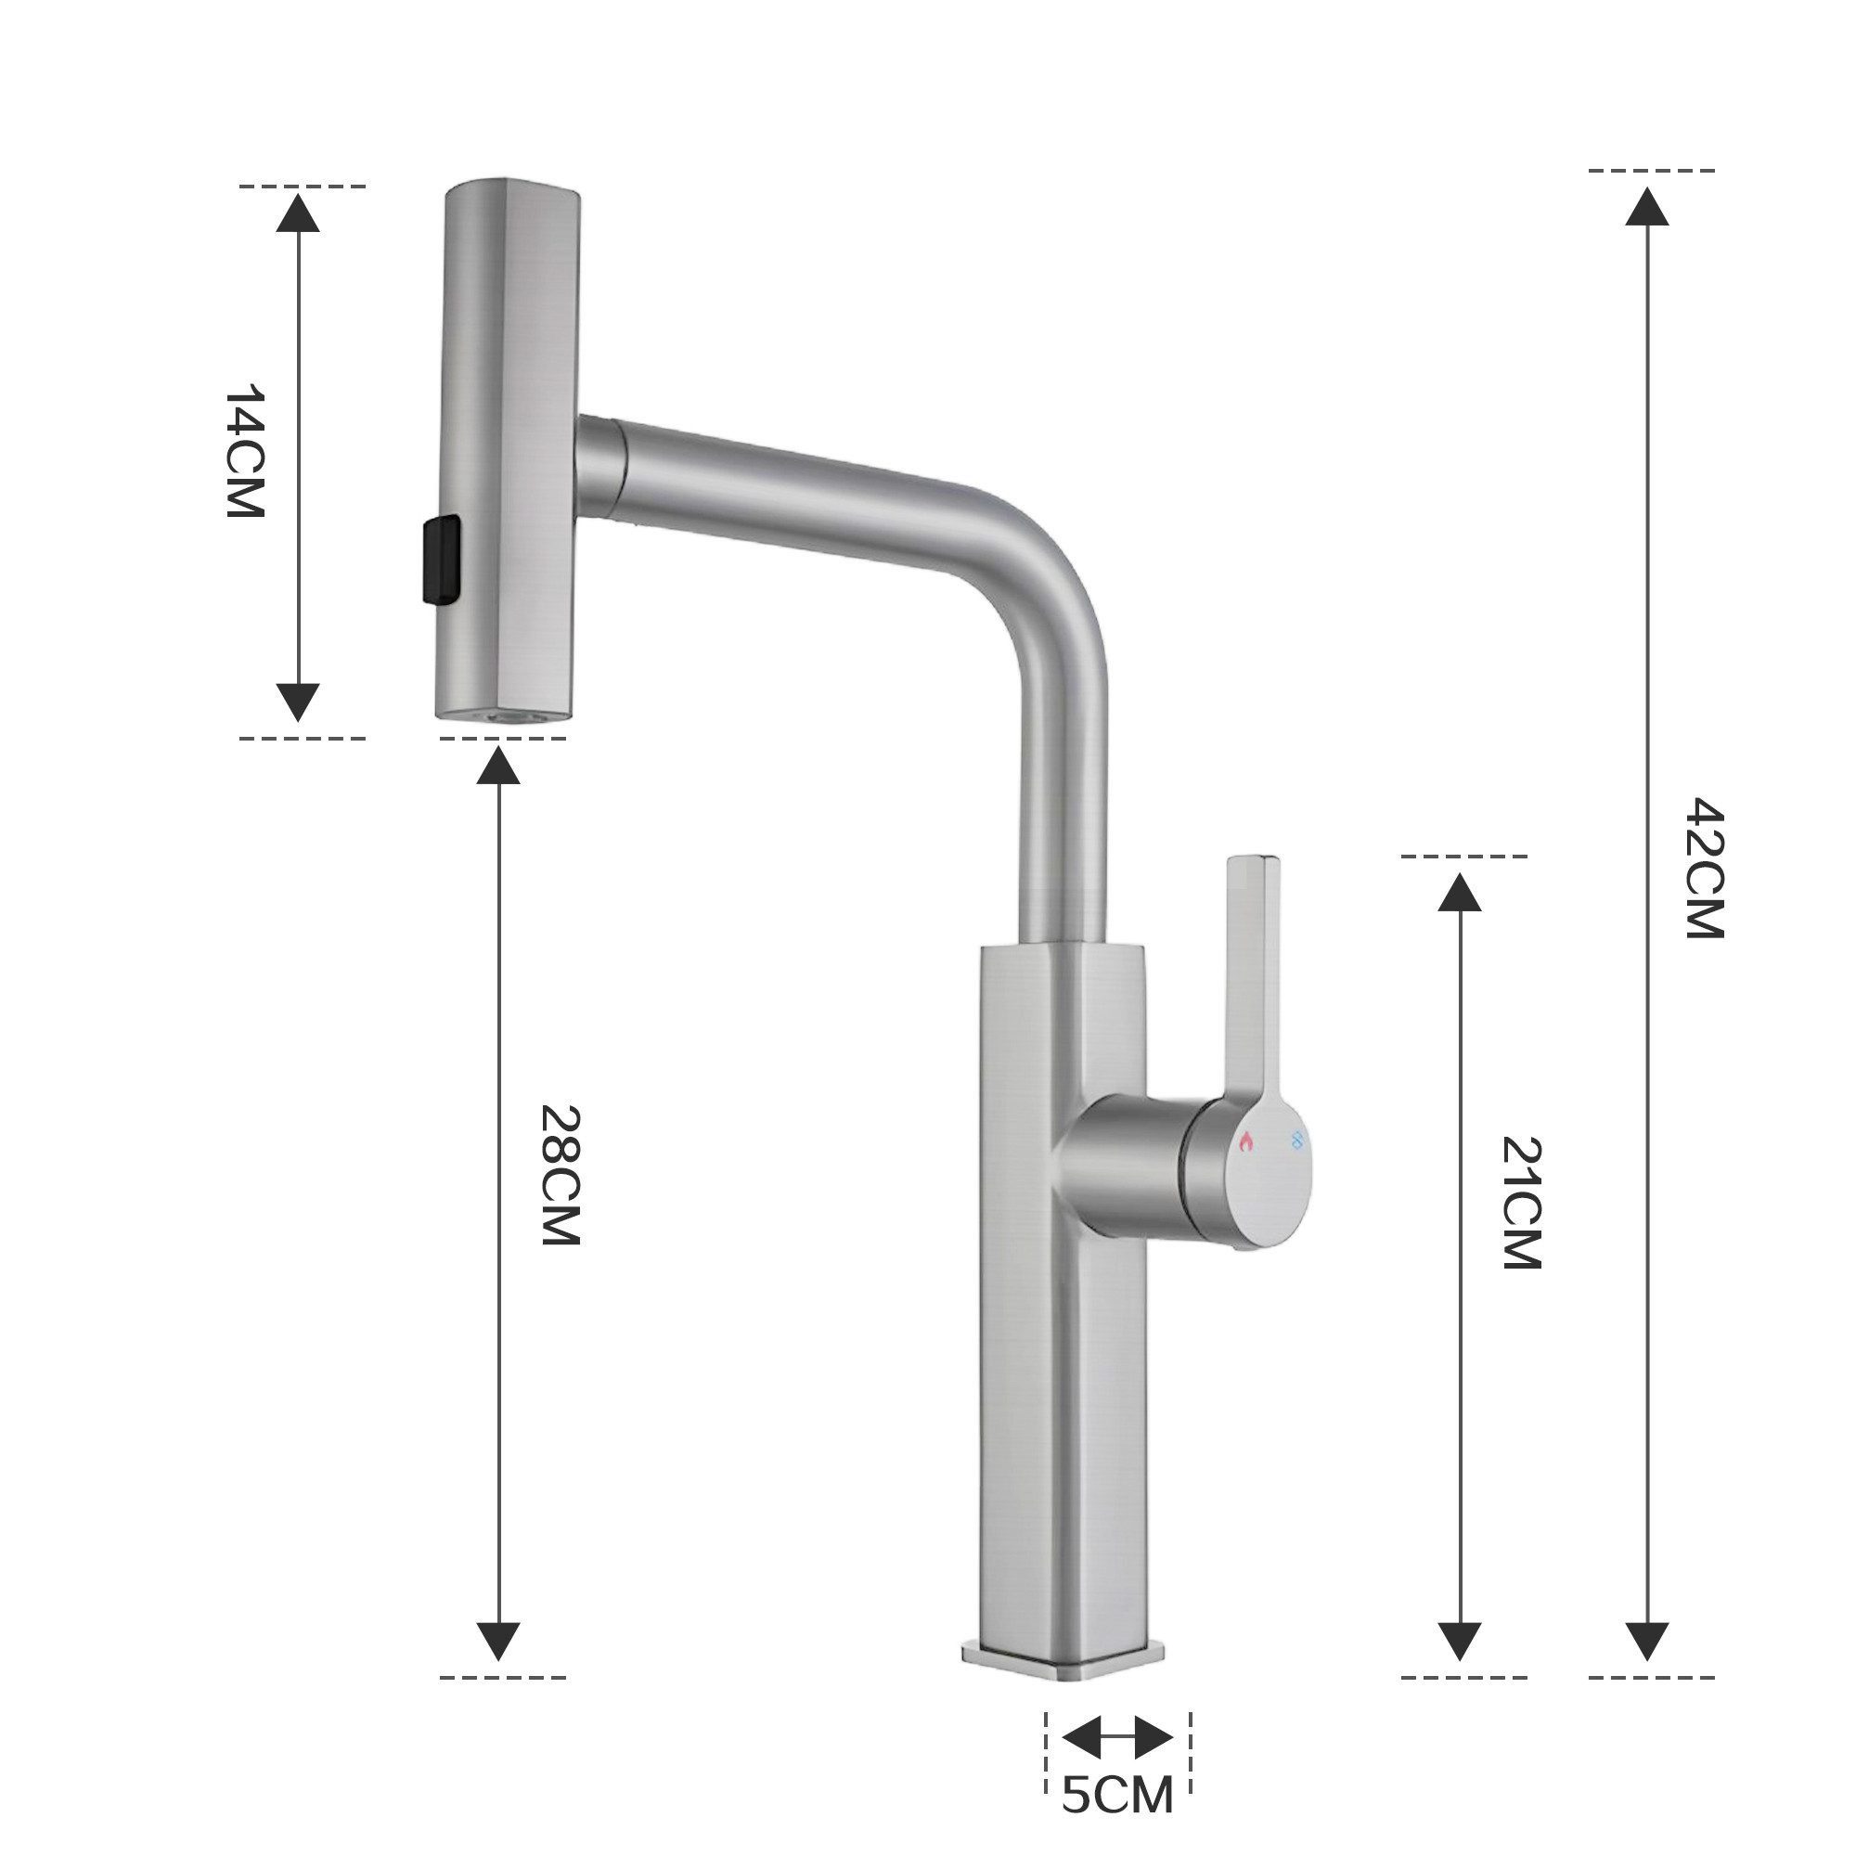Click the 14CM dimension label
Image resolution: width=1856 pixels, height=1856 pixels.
(243, 452)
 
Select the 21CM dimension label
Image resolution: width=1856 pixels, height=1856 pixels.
(1522, 1203)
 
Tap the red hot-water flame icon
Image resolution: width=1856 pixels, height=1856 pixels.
(1247, 1141)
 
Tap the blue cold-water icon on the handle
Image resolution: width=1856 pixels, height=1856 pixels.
(1298, 1140)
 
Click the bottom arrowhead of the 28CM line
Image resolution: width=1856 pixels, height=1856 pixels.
(498, 1641)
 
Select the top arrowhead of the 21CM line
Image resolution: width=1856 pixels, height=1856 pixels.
(1459, 892)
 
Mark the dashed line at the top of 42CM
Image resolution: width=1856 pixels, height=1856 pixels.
(1650, 170)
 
